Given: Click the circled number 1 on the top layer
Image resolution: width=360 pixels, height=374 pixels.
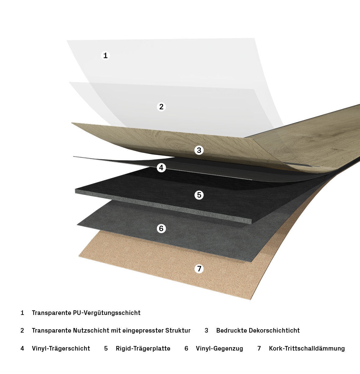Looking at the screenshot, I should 105,55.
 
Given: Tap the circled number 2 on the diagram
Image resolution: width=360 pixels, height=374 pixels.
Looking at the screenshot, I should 161,107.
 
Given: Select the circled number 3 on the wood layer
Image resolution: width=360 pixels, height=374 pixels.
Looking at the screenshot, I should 199,150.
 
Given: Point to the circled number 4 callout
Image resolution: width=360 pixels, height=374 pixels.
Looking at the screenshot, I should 161,168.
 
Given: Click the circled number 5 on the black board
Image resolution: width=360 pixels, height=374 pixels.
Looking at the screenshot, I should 199,195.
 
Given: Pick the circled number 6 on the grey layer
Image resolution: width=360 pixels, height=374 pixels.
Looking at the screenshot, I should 161,228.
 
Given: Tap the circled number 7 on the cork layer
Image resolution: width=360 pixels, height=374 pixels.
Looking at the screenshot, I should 199,269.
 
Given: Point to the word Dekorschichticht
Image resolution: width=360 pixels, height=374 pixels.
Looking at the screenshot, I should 274,330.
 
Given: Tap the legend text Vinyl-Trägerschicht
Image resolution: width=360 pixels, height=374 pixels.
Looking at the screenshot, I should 61,348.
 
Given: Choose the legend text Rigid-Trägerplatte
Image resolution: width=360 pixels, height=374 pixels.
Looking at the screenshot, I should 143,348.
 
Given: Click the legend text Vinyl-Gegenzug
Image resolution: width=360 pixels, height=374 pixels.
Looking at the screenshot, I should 219,348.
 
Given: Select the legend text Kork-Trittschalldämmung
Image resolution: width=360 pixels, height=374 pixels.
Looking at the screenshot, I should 307,348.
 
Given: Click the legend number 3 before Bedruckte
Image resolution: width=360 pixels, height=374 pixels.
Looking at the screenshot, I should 206,330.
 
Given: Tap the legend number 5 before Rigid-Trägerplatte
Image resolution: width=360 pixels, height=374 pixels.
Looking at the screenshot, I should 106,348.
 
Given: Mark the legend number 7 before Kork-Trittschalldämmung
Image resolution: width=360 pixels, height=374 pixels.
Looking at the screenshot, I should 259,348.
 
